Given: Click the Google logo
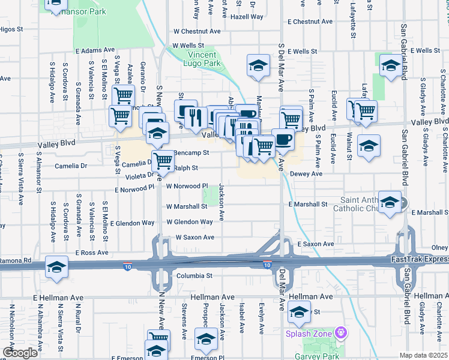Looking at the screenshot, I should [x=19, y=353].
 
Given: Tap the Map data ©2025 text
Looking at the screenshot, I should [x=424, y=355].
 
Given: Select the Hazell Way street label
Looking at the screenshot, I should [x=247, y=17].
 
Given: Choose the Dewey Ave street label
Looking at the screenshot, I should [x=306, y=174].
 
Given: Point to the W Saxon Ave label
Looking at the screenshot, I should [x=194, y=238].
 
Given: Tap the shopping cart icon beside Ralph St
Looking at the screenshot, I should [x=163, y=160].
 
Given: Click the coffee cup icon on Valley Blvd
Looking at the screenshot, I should [x=283, y=139].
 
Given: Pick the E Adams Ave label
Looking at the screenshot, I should [x=95, y=50].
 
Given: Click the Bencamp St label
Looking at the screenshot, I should [x=190, y=153].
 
